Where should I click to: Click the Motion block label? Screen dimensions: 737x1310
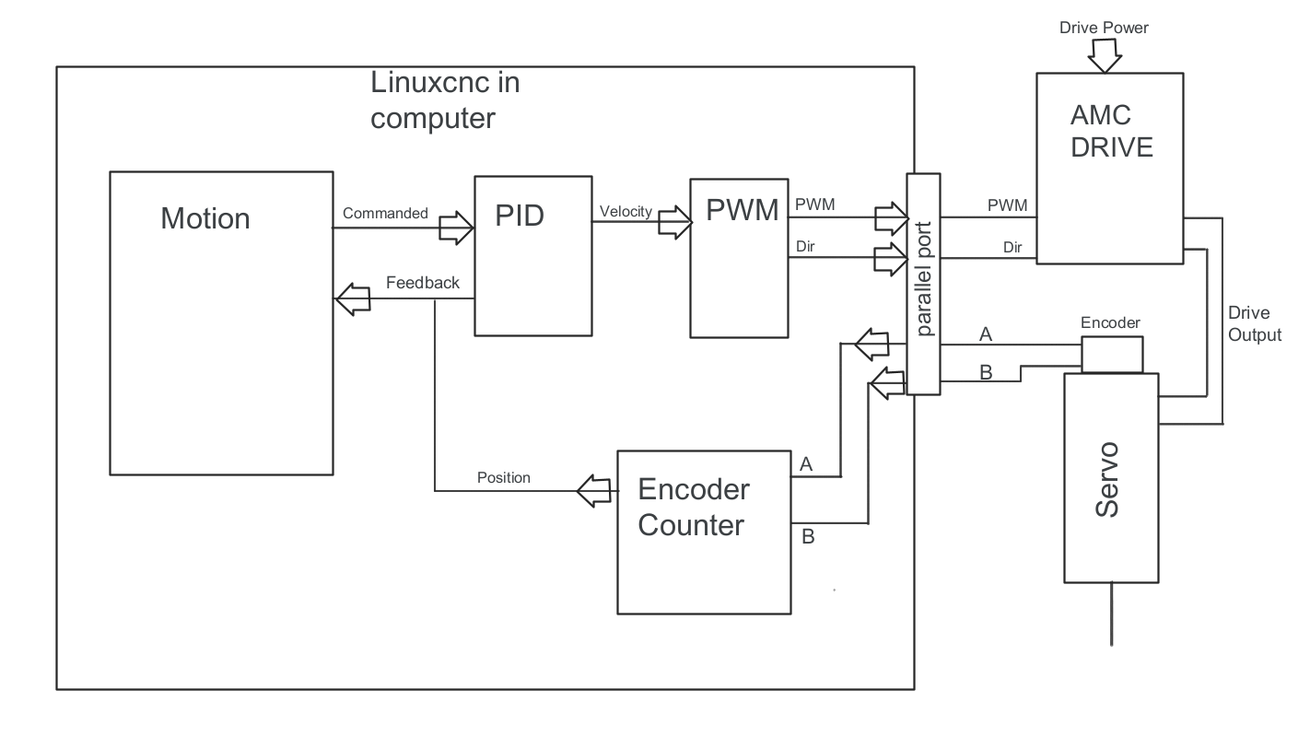(x=205, y=218)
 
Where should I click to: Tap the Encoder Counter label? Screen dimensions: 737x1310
(x=693, y=507)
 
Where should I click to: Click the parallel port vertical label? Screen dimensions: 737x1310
(x=924, y=285)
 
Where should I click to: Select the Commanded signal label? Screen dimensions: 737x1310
(x=385, y=213)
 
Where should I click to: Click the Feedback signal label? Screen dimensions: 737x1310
(x=422, y=283)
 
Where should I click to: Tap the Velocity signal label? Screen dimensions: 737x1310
(x=626, y=211)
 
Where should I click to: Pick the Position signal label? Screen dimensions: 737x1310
(x=503, y=477)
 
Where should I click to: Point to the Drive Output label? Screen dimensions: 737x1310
(x=1254, y=323)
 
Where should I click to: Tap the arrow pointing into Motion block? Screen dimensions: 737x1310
(x=350, y=299)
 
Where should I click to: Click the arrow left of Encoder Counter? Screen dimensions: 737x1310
(x=594, y=492)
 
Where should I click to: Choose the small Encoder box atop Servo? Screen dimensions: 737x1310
(x=1112, y=355)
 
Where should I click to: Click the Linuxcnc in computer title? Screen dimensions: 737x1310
(x=445, y=99)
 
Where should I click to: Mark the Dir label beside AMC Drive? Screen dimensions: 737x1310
(x=1012, y=247)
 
